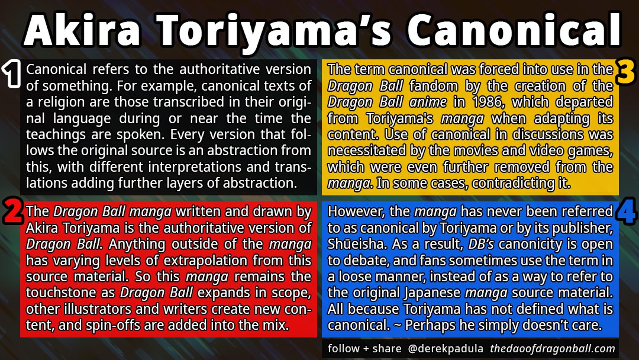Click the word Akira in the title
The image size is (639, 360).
tap(82, 31)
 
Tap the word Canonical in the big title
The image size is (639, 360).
tap(514, 31)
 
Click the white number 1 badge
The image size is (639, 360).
tap(12, 74)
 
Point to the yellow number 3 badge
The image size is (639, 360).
tap(625, 72)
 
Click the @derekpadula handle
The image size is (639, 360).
tap(446, 349)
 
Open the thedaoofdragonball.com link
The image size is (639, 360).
tap(553, 349)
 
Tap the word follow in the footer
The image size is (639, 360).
tap(344, 349)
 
